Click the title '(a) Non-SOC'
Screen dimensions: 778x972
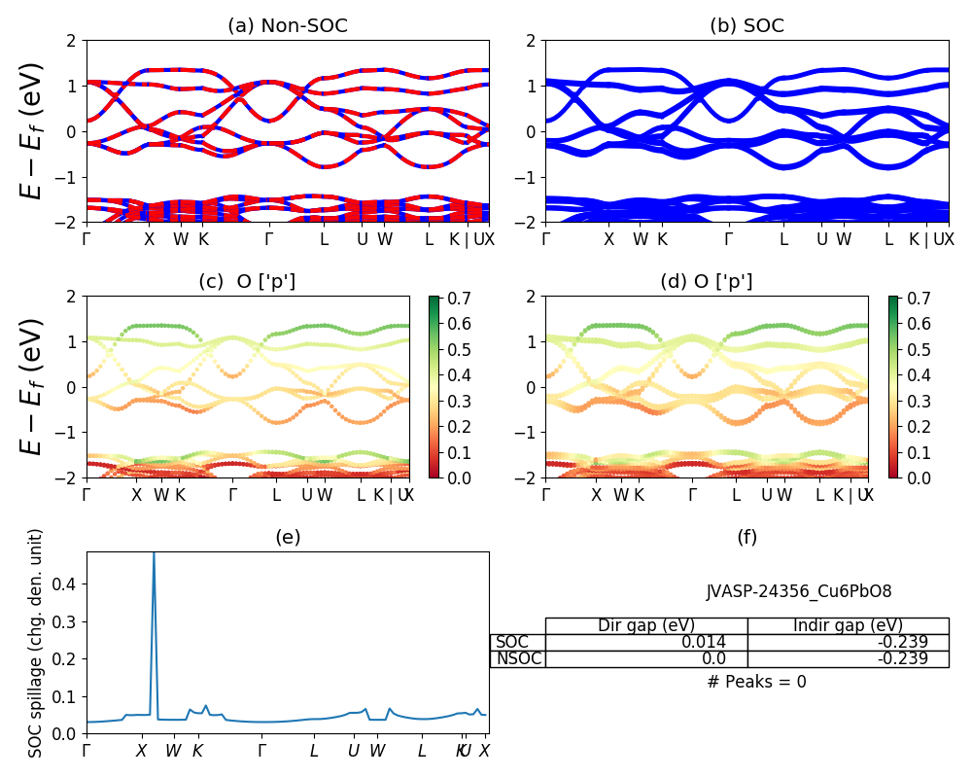point(288,26)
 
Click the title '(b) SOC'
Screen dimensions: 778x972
point(746,26)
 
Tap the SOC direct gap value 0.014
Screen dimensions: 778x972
point(701,642)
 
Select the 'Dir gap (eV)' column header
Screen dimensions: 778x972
point(645,625)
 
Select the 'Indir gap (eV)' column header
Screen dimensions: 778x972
point(848,625)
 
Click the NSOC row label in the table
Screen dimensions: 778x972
point(518,658)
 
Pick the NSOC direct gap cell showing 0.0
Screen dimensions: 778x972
point(713,658)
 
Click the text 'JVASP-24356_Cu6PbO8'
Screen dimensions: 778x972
point(799,590)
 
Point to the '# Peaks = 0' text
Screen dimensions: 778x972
point(757,682)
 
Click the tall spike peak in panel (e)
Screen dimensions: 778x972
point(154,556)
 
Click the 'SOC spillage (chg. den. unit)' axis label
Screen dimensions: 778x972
point(36,643)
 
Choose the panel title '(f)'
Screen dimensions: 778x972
point(746,537)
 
